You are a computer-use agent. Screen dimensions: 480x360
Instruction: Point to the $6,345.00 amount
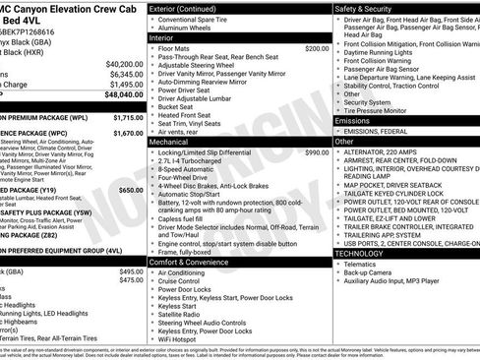[x=117, y=73]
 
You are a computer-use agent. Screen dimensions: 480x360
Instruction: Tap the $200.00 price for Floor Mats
[x=316, y=48]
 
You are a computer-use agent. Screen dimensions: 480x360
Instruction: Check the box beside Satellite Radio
[x=154, y=316]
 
